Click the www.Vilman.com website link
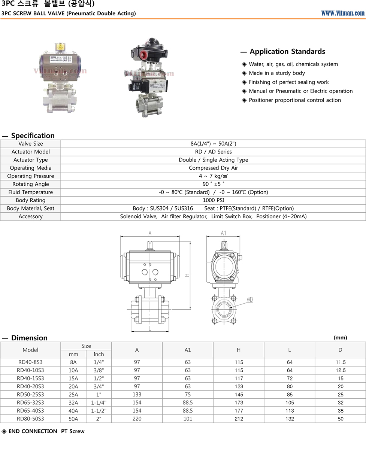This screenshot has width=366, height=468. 342,13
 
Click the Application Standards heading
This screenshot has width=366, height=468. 287,52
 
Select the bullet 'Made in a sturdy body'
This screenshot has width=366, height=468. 276,73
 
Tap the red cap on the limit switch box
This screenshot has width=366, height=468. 143,55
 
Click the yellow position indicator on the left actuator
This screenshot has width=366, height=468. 60,47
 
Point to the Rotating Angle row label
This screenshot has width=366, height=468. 31,184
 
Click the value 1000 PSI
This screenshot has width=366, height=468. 213,200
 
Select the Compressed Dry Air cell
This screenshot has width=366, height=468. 213,168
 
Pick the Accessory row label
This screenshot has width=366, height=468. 31,216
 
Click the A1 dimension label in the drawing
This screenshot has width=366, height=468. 224,233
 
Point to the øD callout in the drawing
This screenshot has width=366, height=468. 250,300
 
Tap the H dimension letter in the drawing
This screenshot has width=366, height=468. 187,275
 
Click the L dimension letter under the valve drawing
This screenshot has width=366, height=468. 150,329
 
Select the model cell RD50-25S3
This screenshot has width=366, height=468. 30,395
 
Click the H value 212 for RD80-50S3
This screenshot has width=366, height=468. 239,419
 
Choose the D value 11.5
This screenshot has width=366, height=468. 340,362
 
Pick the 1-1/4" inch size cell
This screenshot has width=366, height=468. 99,403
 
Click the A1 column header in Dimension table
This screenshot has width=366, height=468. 188,350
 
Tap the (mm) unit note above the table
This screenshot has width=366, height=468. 340,338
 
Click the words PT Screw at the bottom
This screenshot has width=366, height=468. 73,431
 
